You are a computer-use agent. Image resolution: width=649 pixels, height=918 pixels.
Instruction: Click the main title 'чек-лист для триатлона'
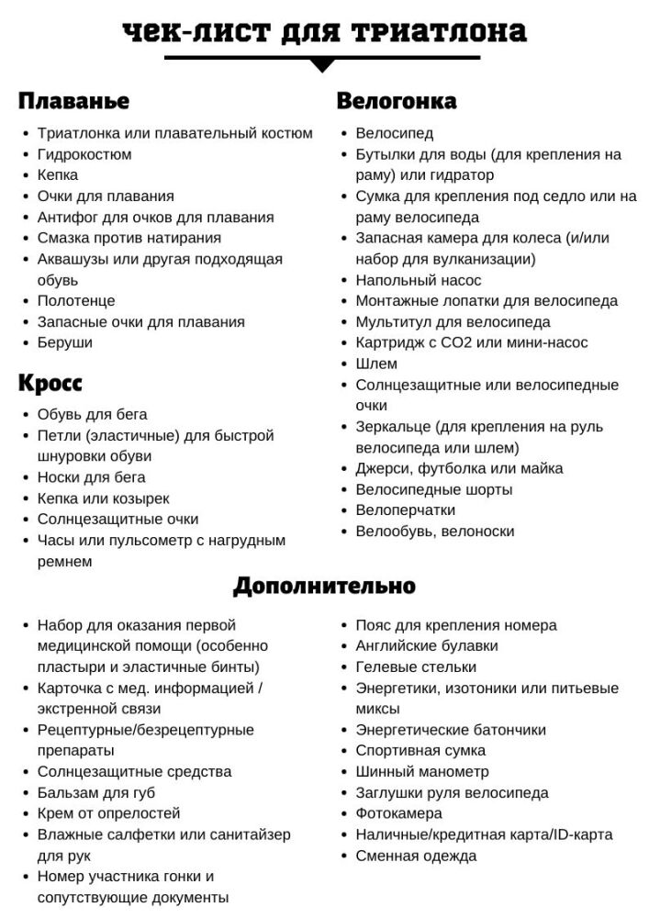(x=324, y=33)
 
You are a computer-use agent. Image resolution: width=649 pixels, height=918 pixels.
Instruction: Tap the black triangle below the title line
(x=322, y=65)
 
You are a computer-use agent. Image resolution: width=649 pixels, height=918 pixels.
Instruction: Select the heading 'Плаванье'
(x=73, y=100)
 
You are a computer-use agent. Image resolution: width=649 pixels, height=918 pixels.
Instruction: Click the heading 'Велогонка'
(x=397, y=100)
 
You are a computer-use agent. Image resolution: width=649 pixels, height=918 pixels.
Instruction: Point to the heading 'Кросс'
(x=50, y=383)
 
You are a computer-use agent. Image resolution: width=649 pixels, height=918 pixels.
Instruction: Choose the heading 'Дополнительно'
(x=324, y=585)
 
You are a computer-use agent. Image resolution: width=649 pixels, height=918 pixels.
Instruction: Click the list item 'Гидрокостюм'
(x=84, y=154)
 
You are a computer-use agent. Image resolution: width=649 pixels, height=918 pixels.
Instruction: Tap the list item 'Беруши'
(x=64, y=342)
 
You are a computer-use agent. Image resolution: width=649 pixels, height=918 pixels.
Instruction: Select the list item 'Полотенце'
(x=76, y=300)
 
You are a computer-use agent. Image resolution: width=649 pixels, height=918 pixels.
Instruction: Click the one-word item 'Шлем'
(x=376, y=364)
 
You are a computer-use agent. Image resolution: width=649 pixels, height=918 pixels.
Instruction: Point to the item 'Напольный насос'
(x=415, y=280)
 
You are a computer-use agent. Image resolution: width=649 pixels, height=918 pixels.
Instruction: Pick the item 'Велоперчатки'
(x=405, y=509)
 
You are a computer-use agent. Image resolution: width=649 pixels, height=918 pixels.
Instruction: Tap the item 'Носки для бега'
(x=91, y=477)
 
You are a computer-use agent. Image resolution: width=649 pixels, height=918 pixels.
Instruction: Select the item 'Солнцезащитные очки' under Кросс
(x=117, y=519)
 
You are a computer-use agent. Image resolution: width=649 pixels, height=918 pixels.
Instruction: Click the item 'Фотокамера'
(x=398, y=813)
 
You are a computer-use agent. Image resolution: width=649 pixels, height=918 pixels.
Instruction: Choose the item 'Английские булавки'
(x=427, y=645)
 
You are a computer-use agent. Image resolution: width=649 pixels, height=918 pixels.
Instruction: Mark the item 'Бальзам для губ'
(x=96, y=792)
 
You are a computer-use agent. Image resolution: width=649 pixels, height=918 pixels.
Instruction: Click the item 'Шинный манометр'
(x=422, y=771)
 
